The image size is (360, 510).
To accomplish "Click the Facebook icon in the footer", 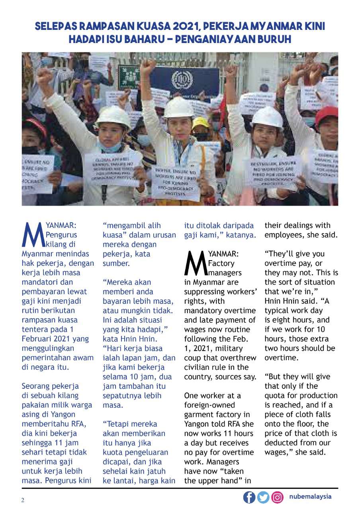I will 249,497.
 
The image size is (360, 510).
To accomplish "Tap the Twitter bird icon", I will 263,497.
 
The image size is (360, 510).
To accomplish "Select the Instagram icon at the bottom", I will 277,497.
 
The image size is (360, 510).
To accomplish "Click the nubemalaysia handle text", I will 310,496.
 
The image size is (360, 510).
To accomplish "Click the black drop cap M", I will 195,263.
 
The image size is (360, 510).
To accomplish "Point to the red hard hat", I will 327,116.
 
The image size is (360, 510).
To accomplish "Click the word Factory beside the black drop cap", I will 221,263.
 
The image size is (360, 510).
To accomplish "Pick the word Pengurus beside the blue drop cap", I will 62,235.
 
